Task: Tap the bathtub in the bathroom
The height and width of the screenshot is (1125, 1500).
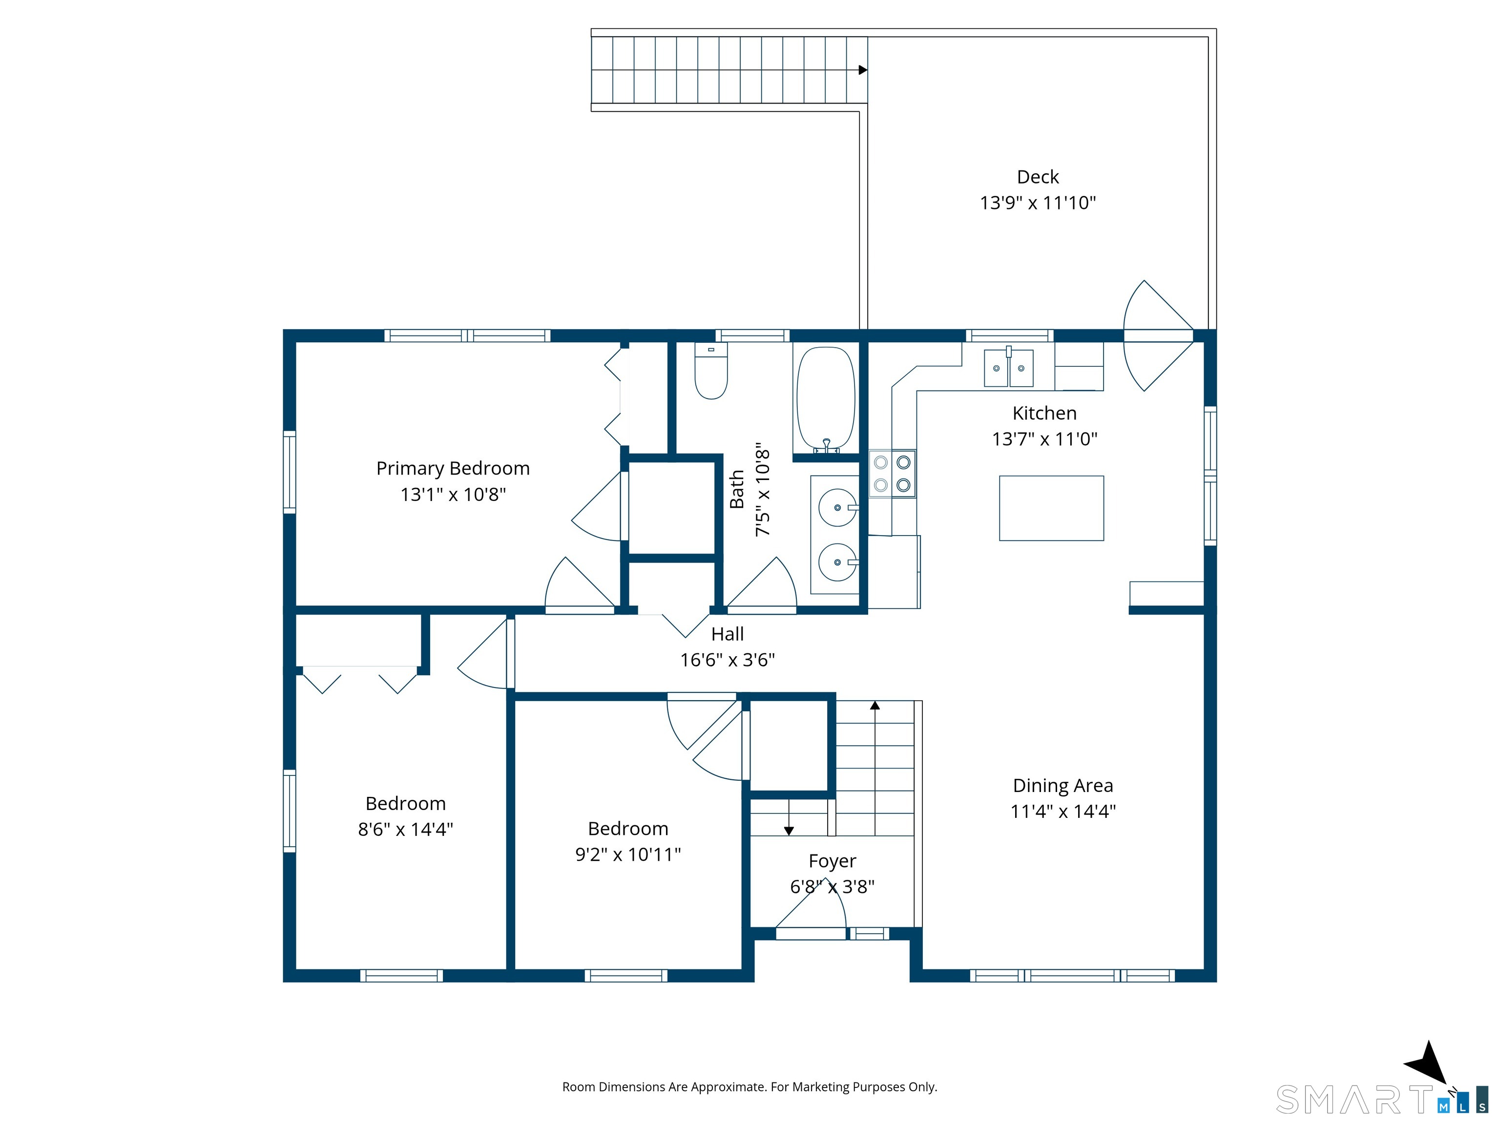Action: pyautogui.click(x=825, y=400)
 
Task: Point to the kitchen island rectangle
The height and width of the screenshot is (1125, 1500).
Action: pyautogui.click(x=1051, y=508)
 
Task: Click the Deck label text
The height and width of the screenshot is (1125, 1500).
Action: pyautogui.click(x=1038, y=177)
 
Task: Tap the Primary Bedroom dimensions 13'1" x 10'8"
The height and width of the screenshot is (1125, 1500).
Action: pyautogui.click(x=453, y=494)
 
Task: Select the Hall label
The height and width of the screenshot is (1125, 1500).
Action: pyautogui.click(x=727, y=634)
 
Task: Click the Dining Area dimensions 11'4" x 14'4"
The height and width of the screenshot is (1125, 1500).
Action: pyautogui.click(x=1062, y=811)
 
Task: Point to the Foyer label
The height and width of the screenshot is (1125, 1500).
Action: pyautogui.click(x=832, y=861)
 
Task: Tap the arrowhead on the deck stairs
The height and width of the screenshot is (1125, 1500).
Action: pyautogui.click(x=863, y=70)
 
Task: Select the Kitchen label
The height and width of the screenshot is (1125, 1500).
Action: pyautogui.click(x=1044, y=413)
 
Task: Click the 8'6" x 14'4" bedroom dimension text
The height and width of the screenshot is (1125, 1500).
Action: pyautogui.click(x=405, y=829)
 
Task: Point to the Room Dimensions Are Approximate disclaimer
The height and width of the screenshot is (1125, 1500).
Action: pyautogui.click(x=750, y=1086)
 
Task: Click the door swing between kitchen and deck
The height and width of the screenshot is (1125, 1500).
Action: pyautogui.click(x=1158, y=335)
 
